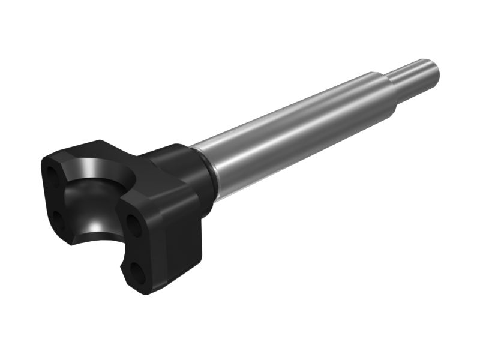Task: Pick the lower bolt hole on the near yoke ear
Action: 139,273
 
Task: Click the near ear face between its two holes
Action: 135,249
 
